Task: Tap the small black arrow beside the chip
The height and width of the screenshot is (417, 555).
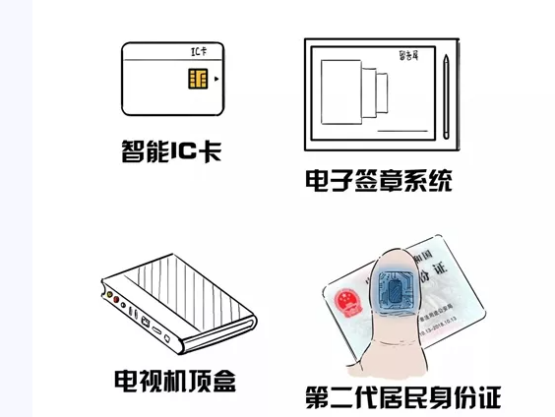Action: [216, 80]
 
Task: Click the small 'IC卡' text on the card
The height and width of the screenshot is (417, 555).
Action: [198, 51]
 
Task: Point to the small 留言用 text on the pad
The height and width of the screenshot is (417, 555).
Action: [411, 57]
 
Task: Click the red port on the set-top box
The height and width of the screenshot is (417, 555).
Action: [117, 299]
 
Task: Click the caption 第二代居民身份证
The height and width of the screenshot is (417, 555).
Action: [402, 398]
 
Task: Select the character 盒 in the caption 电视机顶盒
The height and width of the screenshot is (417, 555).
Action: [223, 380]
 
